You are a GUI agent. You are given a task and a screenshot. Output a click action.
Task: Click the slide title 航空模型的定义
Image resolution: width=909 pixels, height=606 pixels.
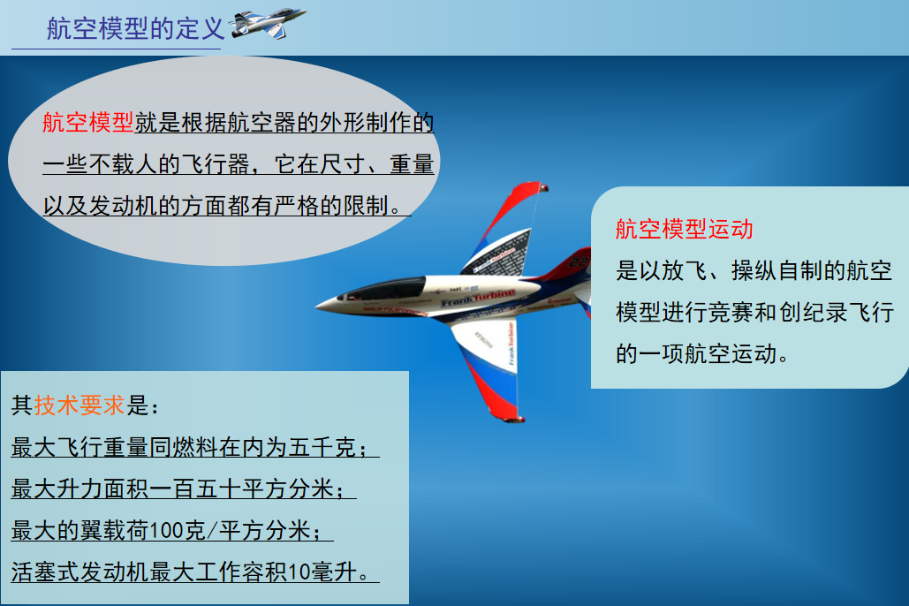coord(135,28)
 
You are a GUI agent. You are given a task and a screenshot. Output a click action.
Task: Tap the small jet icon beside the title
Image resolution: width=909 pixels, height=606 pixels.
coord(268,23)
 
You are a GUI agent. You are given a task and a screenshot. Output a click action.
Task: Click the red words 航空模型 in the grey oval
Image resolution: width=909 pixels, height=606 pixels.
coord(88,123)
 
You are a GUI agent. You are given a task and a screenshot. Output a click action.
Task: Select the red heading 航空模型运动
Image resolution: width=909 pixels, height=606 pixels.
coord(684,229)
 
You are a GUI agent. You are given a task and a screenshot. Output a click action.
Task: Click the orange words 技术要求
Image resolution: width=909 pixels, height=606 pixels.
coord(80,405)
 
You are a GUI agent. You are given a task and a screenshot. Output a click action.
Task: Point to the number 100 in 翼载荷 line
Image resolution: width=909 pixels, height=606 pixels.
coord(166,530)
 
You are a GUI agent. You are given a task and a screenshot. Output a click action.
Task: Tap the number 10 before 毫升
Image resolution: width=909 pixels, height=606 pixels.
coord(299,572)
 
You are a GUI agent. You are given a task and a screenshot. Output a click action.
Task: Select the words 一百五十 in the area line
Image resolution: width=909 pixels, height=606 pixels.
coord(196,489)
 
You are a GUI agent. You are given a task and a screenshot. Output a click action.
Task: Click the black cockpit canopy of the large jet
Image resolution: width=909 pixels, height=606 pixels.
coord(385,288)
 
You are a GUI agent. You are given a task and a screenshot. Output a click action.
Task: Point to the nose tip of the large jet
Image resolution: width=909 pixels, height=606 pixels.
coord(318,306)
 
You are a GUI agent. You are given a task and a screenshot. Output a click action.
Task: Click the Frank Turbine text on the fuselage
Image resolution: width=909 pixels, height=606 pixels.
coord(478,298)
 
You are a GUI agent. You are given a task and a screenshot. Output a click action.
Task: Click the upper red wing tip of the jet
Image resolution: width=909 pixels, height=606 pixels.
coord(542,187)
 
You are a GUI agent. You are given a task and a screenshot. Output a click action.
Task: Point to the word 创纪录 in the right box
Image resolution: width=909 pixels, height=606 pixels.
coord(813,312)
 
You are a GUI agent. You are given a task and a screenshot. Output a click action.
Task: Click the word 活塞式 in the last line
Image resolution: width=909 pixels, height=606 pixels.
coord(45,572)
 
